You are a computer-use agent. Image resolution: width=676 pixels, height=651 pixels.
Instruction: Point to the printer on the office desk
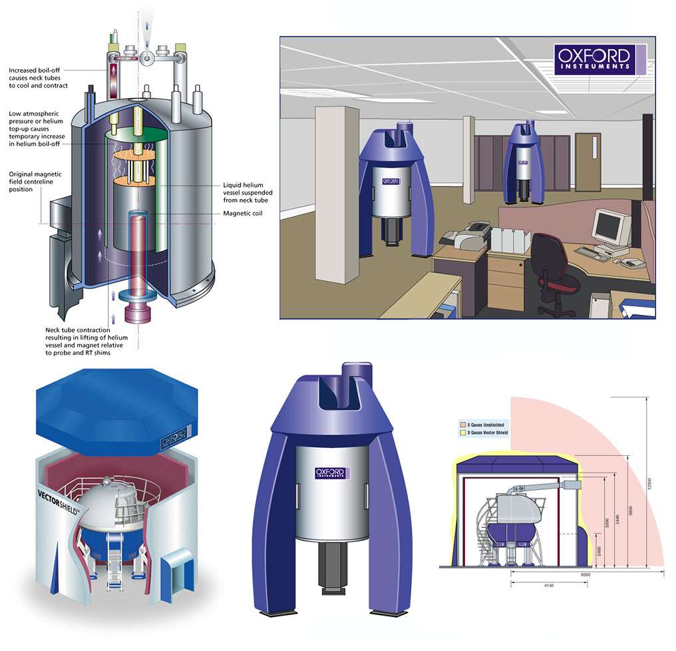point(462,235)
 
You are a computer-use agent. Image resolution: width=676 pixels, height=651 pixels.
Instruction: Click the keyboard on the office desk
point(591,252)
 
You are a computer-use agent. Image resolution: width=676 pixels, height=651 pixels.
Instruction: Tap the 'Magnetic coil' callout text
point(246,214)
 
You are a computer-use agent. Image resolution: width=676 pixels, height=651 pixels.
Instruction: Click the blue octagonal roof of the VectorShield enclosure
point(114,409)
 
